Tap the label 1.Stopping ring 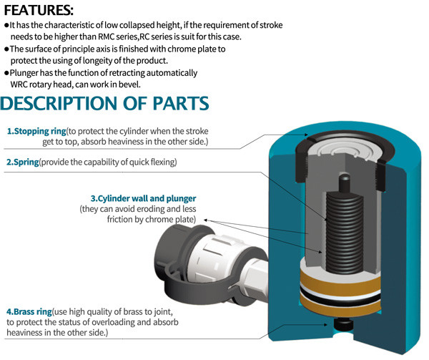(x=36, y=132)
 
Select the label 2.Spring (x=23, y=162)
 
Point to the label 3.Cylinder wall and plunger (x=143, y=198)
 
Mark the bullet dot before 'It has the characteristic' (x=6, y=25)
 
